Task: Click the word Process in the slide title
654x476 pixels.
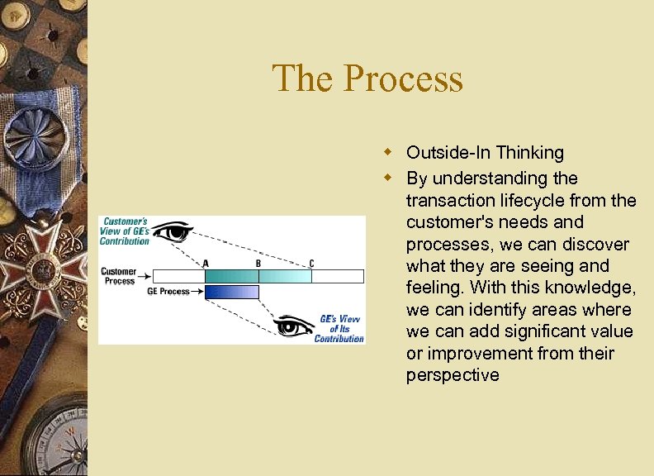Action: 403,79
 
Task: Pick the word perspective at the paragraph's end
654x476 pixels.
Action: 453,375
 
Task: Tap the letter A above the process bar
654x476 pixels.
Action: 206,263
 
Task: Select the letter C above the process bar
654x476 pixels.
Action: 311,263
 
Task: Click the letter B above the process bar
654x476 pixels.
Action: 258,263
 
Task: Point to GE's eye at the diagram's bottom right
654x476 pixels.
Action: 293,326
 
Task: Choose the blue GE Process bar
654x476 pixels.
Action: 231,292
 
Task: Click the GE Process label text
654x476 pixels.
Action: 168,292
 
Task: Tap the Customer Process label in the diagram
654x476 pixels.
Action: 119,276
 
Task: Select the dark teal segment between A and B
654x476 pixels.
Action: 231,276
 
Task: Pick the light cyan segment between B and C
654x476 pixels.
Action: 285,276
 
